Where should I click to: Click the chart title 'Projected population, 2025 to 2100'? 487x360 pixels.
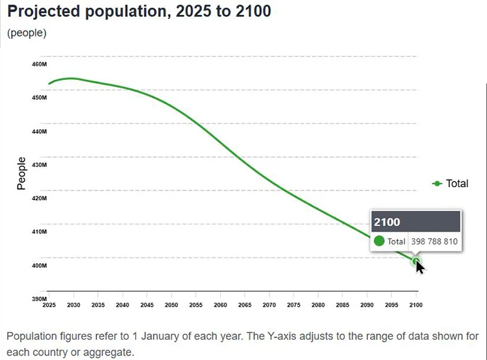[139, 11]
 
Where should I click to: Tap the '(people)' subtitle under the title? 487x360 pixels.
[27, 32]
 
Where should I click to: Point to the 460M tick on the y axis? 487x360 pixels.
[39, 64]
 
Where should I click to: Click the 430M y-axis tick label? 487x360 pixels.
[39, 164]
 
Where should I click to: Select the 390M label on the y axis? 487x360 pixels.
[39, 299]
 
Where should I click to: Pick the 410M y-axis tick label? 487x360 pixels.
[39, 231]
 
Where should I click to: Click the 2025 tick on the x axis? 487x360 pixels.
[49, 304]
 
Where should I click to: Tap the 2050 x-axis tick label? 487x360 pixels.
[171, 304]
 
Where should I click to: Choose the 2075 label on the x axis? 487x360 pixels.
[293, 304]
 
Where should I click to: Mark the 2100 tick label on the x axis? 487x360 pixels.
[416, 304]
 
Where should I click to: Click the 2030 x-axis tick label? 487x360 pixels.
[74, 304]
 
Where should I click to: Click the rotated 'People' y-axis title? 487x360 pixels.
[21, 174]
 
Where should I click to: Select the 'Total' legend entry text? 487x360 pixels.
[457, 184]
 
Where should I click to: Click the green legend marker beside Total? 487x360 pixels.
[437, 184]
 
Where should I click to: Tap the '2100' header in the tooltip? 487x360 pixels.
[387, 222]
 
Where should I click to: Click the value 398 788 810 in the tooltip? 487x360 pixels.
[435, 242]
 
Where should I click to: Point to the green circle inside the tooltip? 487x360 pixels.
[380, 241]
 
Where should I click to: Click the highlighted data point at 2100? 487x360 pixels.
[416, 261]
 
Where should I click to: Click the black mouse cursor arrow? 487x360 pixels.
[420, 266]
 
